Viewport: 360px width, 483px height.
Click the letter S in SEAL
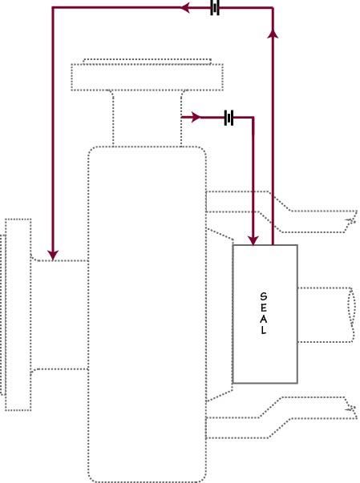(x=264, y=296)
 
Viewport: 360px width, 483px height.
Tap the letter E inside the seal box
(x=264, y=308)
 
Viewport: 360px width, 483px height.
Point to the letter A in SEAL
(x=264, y=319)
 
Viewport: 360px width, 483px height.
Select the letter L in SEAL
(x=264, y=330)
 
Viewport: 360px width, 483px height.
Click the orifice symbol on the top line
(x=215, y=7)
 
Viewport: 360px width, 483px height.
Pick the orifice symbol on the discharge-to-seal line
(x=229, y=118)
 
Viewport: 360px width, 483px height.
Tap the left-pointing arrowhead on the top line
(x=185, y=8)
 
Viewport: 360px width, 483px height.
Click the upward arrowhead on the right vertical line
(x=273, y=34)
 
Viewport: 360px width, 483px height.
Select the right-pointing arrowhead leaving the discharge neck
(x=196, y=118)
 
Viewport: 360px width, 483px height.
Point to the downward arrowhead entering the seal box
(x=253, y=240)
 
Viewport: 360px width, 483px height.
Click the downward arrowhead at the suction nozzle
(x=53, y=255)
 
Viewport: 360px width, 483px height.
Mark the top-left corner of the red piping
(x=53, y=8)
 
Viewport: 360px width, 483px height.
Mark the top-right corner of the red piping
(x=273, y=8)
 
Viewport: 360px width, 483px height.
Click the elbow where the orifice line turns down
(x=253, y=118)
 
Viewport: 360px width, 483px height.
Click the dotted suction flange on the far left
(x=18, y=315)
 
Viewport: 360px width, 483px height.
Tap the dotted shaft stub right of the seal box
(x=326, y=315)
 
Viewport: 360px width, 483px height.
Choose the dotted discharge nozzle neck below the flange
(x=147, y=119)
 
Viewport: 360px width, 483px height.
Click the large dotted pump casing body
(x=147, y=314)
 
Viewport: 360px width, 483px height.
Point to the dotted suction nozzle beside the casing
(x=60, y=315)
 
